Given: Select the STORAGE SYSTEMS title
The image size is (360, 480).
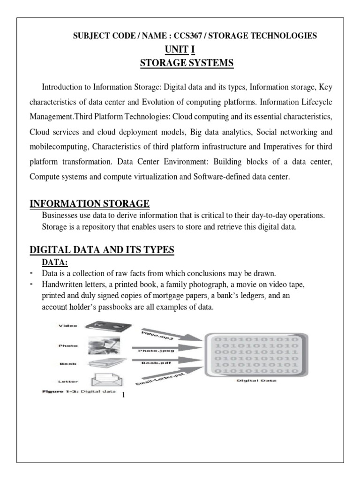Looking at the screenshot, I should [187, 63].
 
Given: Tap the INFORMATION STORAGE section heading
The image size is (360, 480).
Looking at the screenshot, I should [90, 203].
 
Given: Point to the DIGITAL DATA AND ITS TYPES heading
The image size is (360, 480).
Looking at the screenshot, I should [102, 251].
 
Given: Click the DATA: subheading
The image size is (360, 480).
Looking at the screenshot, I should [55, 263].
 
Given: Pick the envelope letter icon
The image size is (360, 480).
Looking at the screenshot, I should [104, 379].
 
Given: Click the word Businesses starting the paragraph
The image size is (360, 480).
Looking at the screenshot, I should [61, 215].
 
